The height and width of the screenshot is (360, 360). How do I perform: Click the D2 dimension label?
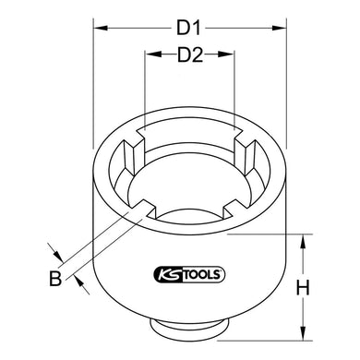[x=188, y=58]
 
